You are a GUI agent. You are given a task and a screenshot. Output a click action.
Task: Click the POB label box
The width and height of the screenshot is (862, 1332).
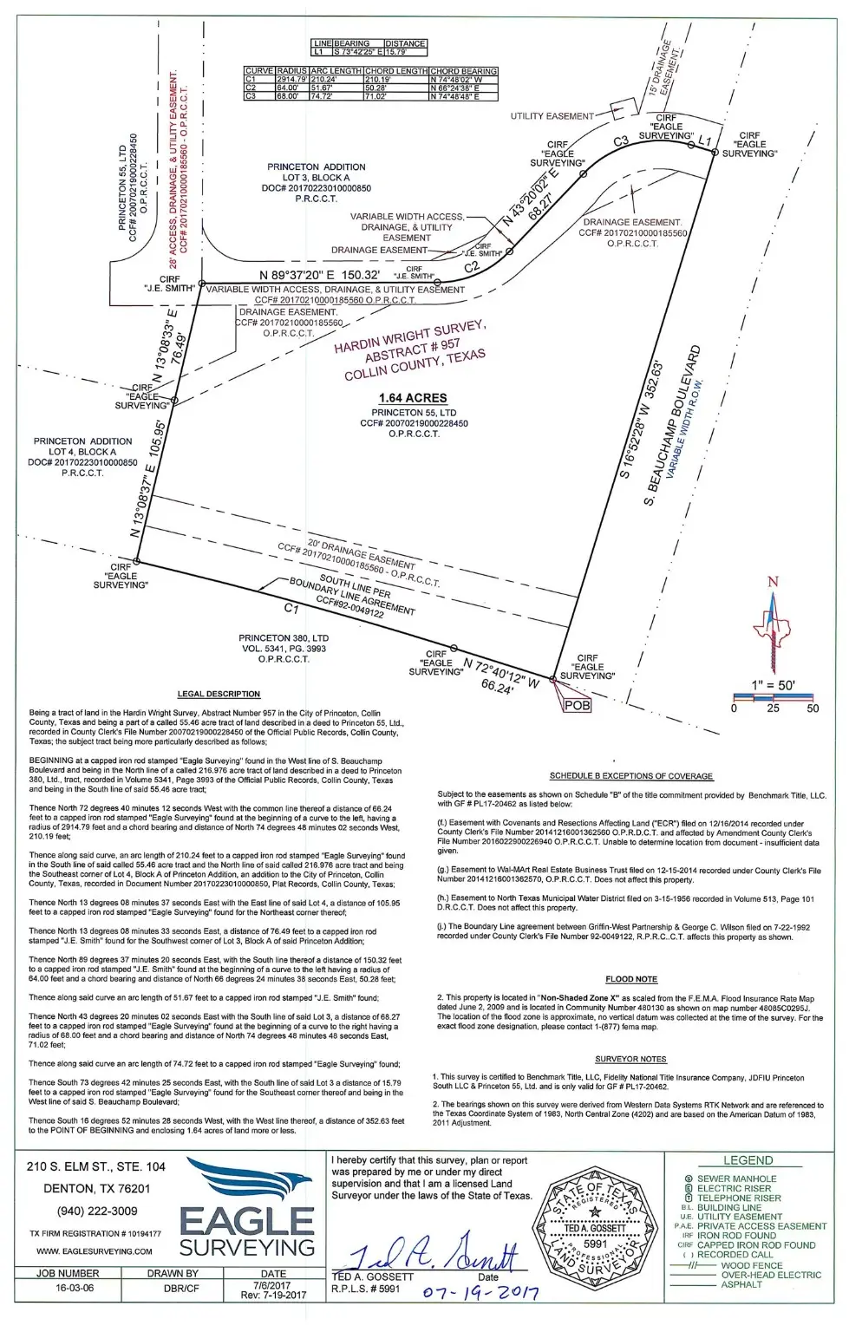[x=577, y=705]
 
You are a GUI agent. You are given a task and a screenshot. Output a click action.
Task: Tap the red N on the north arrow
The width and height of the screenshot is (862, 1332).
[x=774, y=582]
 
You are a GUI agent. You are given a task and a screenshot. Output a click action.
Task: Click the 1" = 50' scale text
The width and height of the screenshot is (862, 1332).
[x=773, y=685]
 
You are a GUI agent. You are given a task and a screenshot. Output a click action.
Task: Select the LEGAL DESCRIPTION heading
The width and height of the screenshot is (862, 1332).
[x=219, y=694]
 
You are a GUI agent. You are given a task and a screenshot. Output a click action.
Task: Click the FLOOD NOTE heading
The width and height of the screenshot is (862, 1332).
[x=632, y=979]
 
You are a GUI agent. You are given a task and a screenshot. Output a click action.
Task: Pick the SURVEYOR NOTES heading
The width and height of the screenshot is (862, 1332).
[x=630, y=1059]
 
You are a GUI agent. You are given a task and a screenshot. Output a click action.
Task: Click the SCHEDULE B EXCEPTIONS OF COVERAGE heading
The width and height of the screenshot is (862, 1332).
[x=630, y=776]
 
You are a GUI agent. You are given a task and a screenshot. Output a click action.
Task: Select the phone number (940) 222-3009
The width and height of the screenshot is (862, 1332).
[x=96, y=1211]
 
